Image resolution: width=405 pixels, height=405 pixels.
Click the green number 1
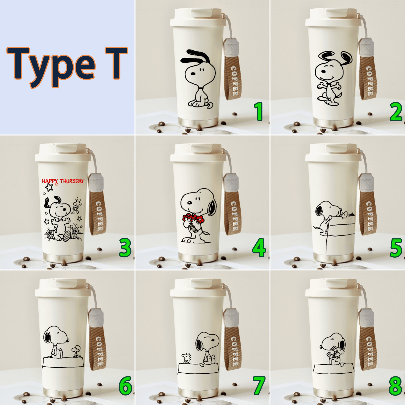(259, 111)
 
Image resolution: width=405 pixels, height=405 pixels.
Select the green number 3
(125, 248)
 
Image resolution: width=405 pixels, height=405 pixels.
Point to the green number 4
(259, 248)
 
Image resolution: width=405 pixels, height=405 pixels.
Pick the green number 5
(396, 248)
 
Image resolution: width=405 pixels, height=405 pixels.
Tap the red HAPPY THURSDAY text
(63, 181)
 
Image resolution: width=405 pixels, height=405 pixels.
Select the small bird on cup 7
(187, 358)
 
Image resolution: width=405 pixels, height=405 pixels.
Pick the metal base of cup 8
(334, 393)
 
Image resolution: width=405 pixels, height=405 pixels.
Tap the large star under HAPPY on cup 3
(49, 187)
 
